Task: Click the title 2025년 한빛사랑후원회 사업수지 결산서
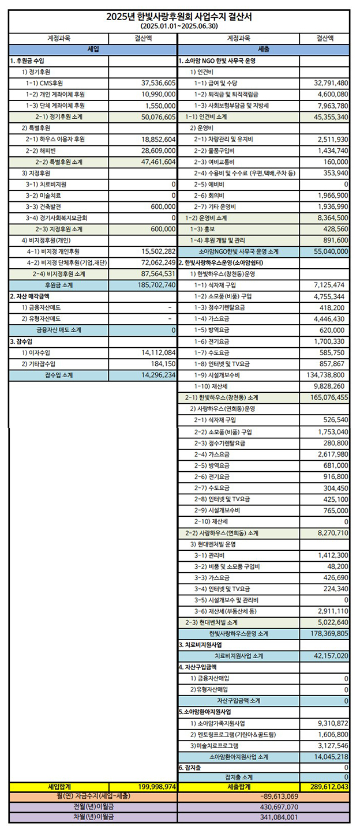point(179,17)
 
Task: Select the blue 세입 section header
point(93,50)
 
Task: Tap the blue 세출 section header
point(264,50)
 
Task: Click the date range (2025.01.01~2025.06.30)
point(179,27)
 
